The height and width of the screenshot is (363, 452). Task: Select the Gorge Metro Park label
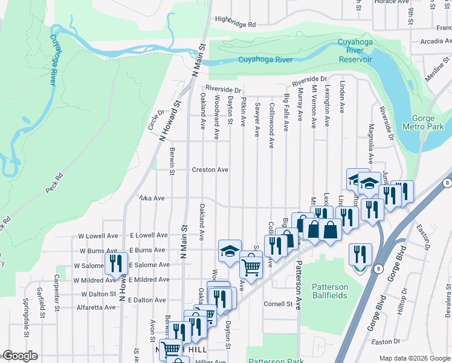click(427, 123)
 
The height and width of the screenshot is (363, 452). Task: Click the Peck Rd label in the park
click(54, 183)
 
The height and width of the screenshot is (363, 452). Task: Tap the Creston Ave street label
click(210, 170)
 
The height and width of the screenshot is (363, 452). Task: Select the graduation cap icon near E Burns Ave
click(229, 250)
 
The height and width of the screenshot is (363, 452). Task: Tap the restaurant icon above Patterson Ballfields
click(360, 254)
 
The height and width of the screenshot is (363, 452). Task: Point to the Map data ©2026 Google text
click(414, 358)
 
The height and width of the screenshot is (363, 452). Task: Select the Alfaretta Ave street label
click(95, 307)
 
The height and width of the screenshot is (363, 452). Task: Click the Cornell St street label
click(278, 304)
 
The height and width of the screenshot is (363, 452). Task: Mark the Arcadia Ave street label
click(431, 42)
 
